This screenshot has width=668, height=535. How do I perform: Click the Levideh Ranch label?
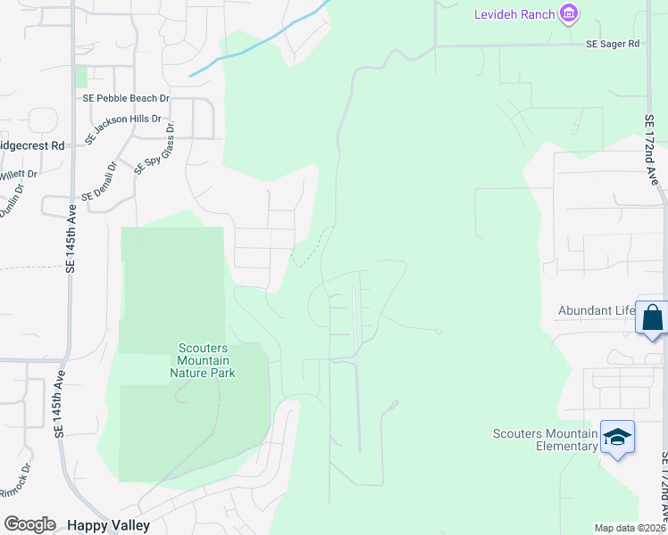[514, 14]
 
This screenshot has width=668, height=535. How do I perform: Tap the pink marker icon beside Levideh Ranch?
[568, 13]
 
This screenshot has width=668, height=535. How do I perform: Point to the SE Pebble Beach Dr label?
[126, 98]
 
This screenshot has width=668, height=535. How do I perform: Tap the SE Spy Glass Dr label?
[154, 148]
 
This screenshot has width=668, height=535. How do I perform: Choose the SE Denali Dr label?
[99, 181]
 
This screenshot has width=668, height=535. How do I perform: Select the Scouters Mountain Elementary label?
[545, 440]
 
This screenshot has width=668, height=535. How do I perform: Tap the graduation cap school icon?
[617, 437]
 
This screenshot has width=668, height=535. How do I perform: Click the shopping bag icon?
[653, 317]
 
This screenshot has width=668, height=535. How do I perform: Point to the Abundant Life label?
[596, 310]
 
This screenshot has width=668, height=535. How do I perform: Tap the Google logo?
[29, 524]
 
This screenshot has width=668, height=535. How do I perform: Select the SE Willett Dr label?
[19, 175]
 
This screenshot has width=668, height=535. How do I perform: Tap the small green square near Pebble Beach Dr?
[81, 78]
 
